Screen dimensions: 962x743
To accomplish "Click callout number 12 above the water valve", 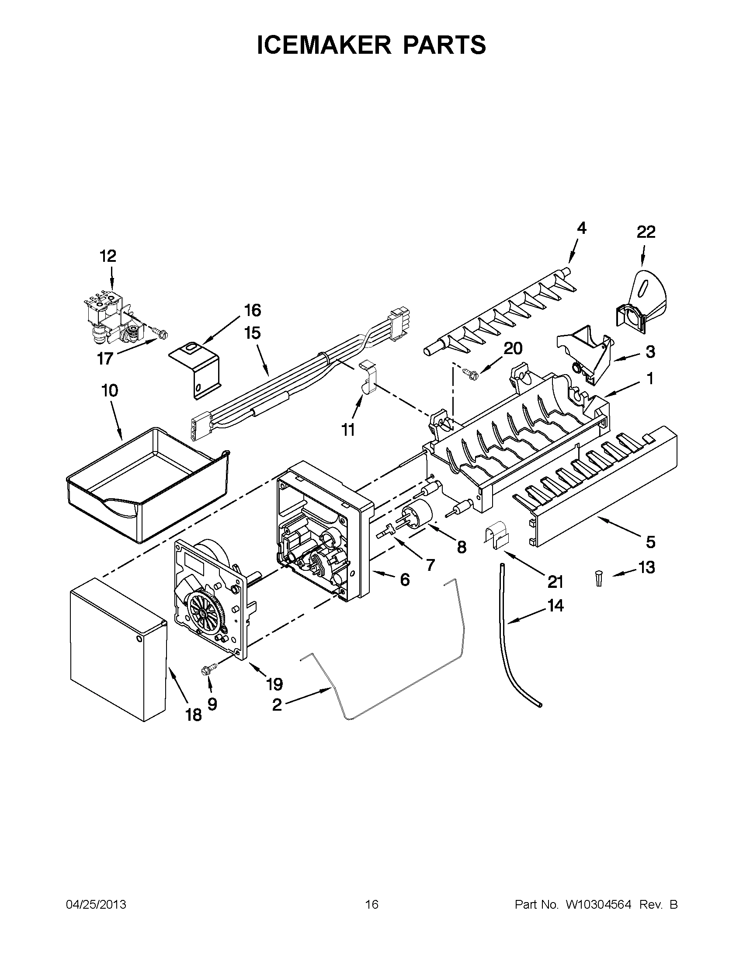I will [x=108, y=256].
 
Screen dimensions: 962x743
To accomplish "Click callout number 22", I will [x=646, y=232].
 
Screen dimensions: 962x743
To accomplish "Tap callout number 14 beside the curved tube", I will [x=556, y=606].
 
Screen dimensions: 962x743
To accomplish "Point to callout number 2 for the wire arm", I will [x=277, y=705].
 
